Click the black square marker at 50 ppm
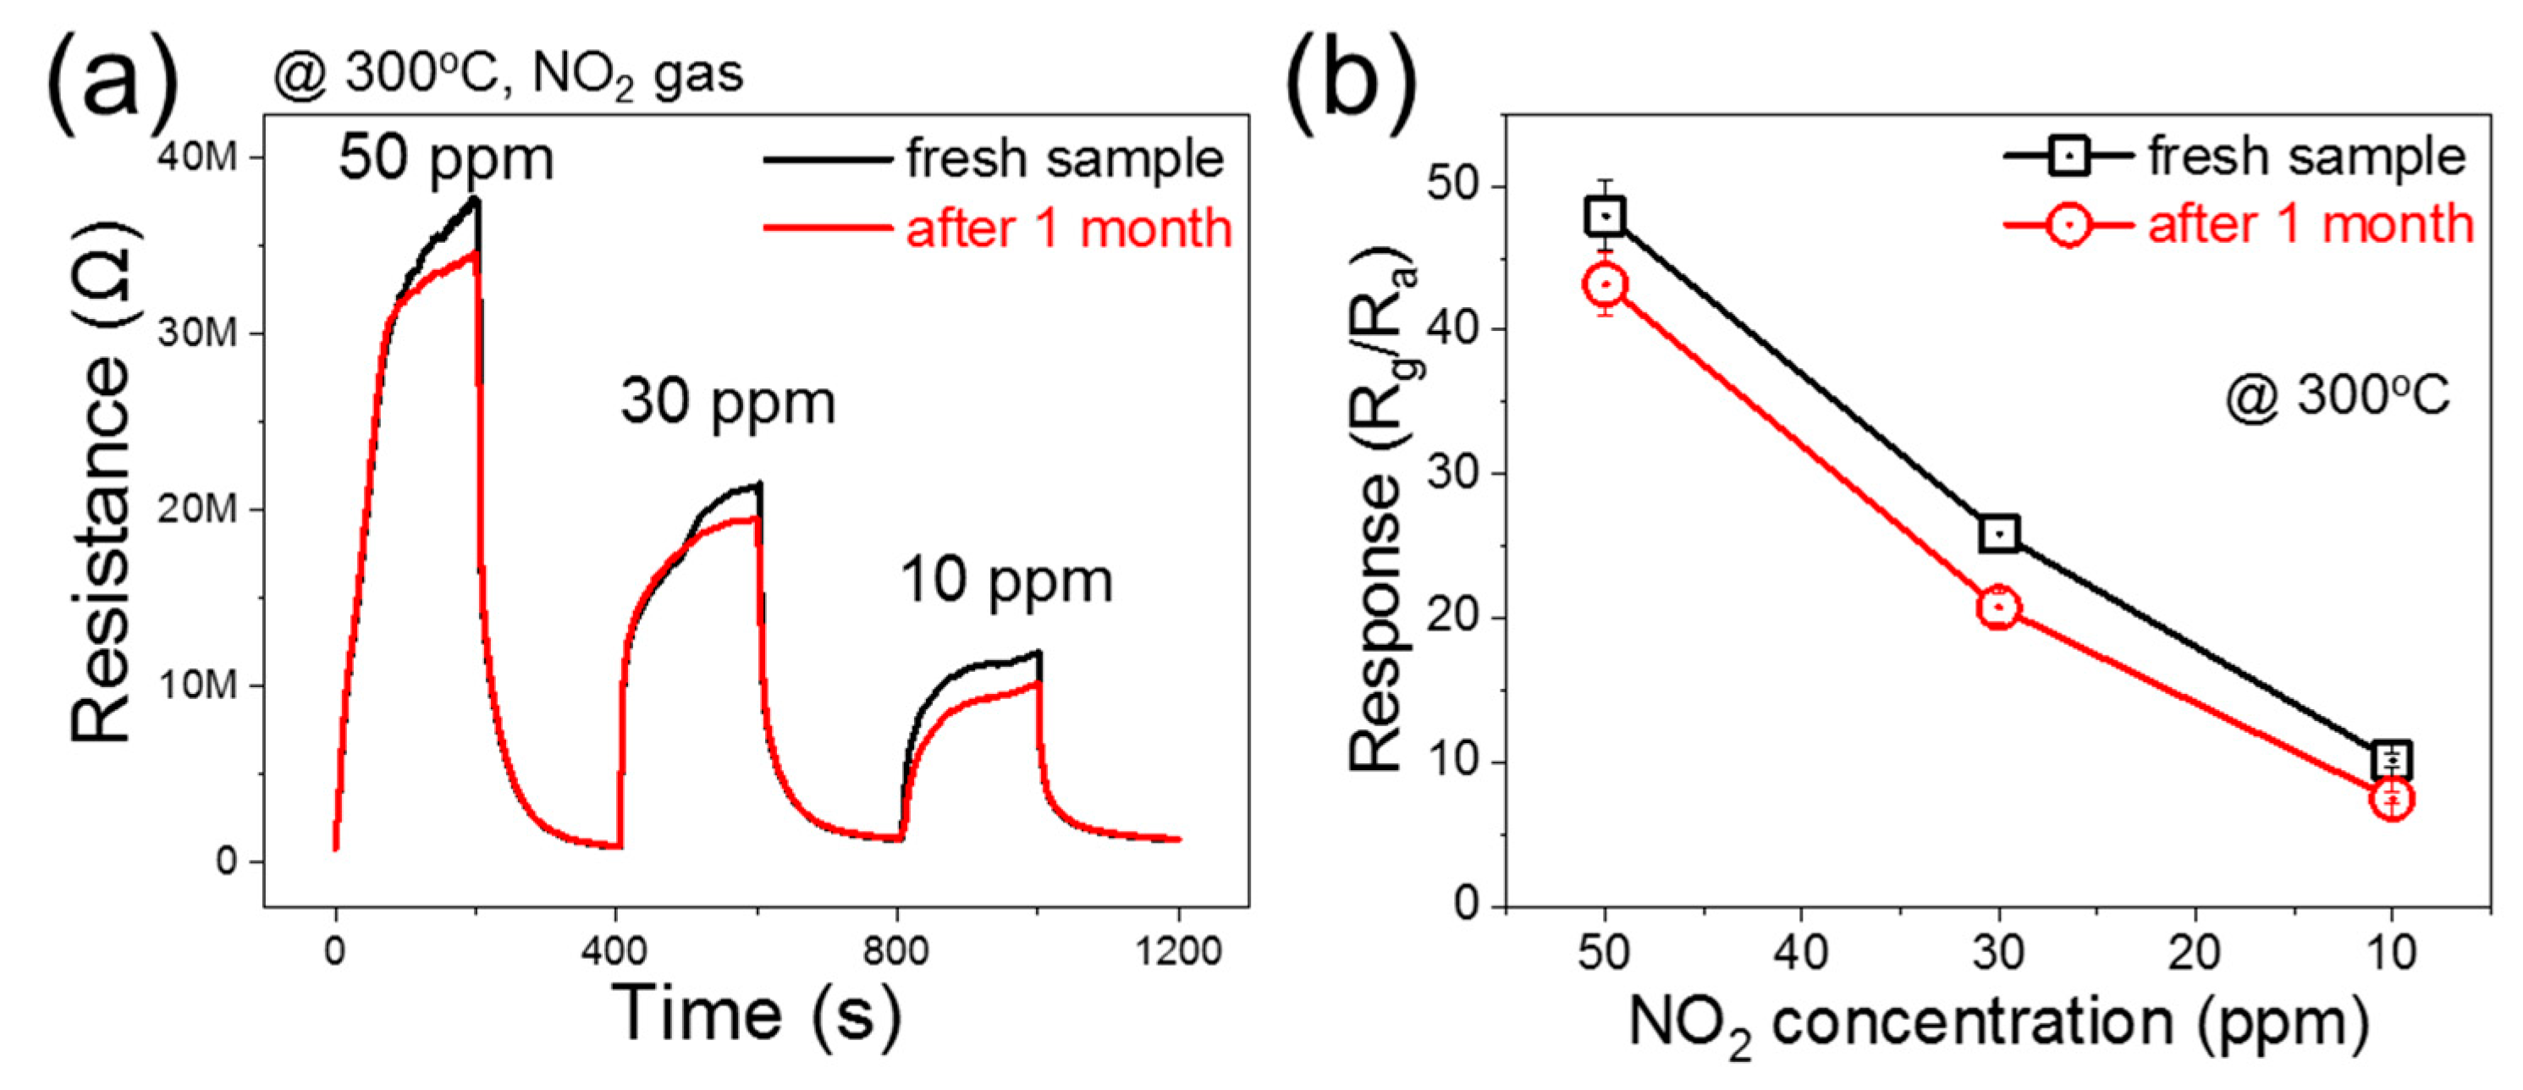tap(1606, 216)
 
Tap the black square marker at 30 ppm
tap(1999, 534)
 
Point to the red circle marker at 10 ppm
tap(2392, 800)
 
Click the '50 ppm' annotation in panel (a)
tap(446, 158)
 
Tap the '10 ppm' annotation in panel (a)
tap(1005, 581)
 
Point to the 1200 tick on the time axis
tap(1179, 951)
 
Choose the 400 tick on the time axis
tap(617, 951)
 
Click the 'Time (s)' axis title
tap(755, 1014)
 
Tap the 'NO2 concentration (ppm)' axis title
tap(1998, 1026)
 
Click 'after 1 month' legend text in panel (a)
tap(1067, 228)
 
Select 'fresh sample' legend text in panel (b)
tap(2306, 157)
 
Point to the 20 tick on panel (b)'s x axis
tap(2195, 951)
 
